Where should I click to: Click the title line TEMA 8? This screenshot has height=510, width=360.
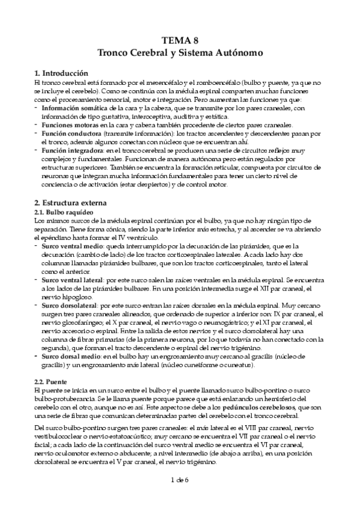(x=180, y=41)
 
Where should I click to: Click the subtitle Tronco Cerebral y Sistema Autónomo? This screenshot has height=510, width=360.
(x=180, y=53)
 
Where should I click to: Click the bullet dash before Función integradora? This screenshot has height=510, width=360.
(x=37, y=150)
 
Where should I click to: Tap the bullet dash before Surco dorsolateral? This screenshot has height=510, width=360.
(x=37, y=306)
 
